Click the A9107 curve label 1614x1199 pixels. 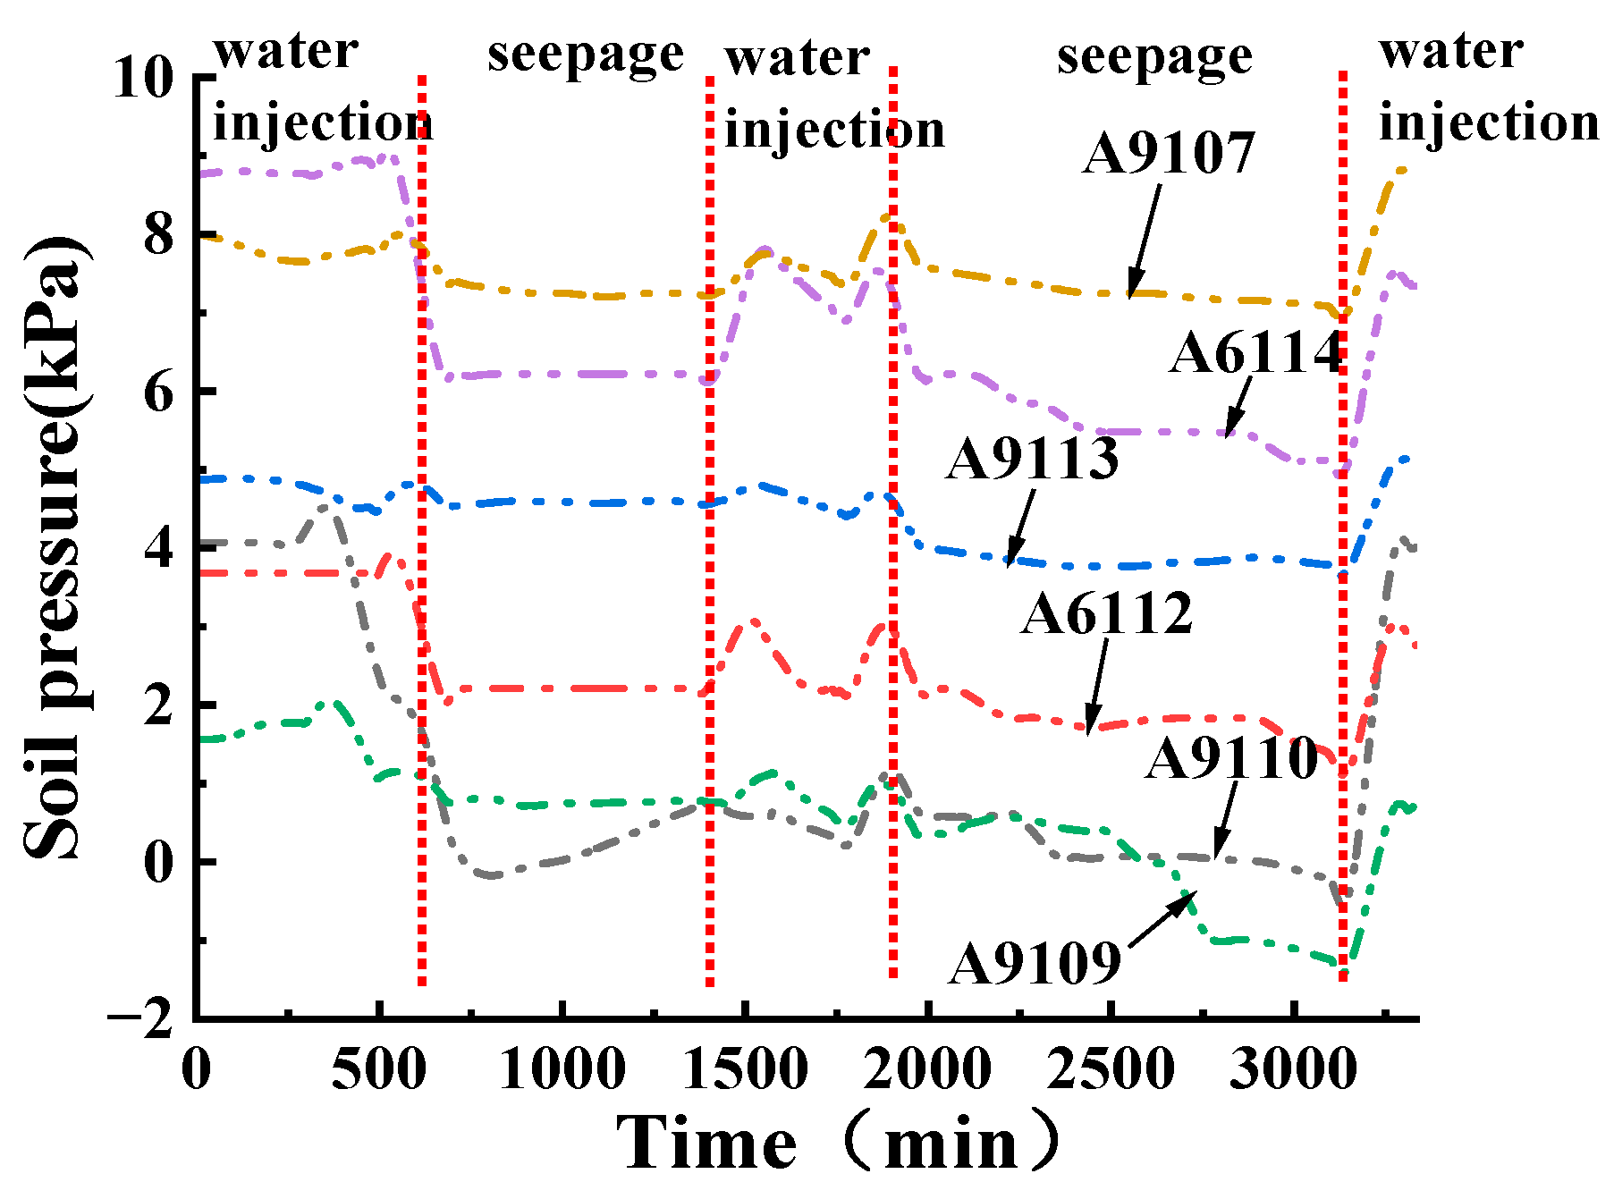pos(1168,153)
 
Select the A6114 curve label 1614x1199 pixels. pos(1256,352)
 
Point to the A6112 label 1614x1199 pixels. pos(1107,613)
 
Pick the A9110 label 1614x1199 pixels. pos(1231,759)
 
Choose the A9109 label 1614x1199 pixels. pos(1035,964)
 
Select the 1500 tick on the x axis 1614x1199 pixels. pos(745,1069)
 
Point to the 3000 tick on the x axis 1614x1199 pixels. pos(1293,1069)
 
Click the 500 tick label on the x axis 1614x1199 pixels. pos(379,1069)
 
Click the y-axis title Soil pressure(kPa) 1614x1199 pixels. pos(55,547)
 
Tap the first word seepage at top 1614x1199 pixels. pos(586,55)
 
